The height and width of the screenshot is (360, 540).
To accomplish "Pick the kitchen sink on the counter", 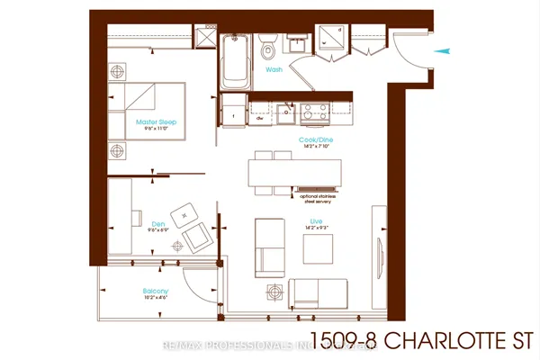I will click(285, 111).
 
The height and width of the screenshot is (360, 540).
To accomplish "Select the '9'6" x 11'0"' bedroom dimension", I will click(154, 130).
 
